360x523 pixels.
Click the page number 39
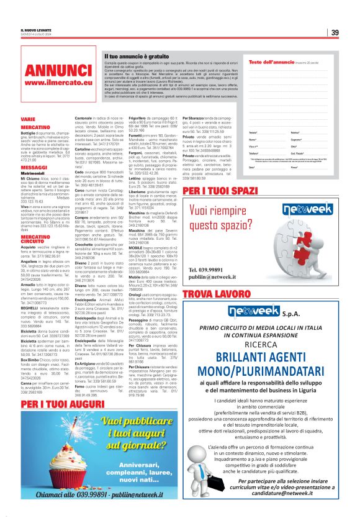pyautogui.click(x=334, y=32)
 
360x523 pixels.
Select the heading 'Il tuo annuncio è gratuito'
pyautogui.click(x=136, y=56)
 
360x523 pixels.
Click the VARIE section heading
pyautogui.click(x=28, y=118)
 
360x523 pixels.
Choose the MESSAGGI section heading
pyautogui.click(x=34, y=150)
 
